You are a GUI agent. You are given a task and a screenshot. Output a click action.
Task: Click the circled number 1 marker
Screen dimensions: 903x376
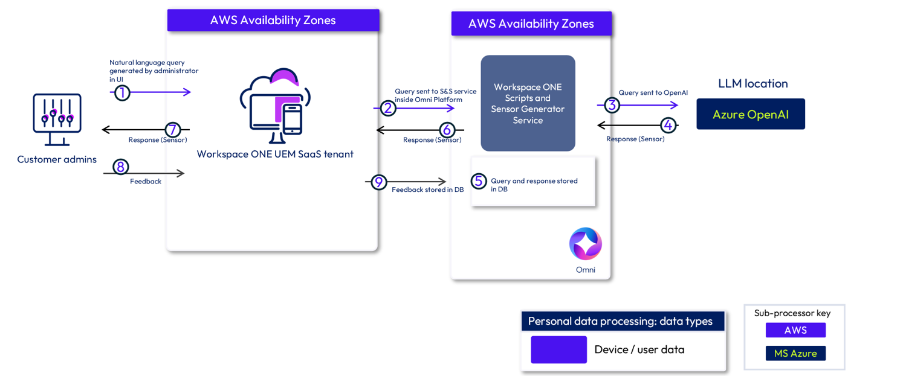tap(122, 93)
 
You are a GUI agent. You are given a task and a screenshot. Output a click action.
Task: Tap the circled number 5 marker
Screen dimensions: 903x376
tap(479, 180)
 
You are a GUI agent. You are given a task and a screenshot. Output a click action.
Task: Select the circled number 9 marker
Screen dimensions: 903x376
tap(378, 182)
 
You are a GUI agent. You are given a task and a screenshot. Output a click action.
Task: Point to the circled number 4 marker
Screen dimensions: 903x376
tap(668, 125)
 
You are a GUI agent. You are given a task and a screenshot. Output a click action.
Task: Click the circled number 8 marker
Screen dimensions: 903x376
tap(120, 166)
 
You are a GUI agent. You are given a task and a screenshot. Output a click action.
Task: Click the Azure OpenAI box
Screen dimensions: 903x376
tap(751, 114)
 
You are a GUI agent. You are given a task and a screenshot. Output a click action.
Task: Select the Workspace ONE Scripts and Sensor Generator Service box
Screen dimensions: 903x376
tap(528, 103)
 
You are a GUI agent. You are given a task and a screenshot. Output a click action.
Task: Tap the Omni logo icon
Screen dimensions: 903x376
tap(585, 244)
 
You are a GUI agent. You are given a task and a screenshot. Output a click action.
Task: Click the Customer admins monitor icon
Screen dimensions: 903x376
tap(57, 119)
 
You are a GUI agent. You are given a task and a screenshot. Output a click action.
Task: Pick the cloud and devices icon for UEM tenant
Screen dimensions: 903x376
tap(276, 106)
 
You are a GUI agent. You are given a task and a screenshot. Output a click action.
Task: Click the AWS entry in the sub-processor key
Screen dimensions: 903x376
tap(795, 330)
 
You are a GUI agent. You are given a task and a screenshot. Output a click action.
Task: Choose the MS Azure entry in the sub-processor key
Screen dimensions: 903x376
tap(795, 353)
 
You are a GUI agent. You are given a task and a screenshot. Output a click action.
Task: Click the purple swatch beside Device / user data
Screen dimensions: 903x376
tap(558, 349)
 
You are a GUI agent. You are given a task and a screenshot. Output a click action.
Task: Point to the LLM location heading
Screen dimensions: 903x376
tap(752, 83)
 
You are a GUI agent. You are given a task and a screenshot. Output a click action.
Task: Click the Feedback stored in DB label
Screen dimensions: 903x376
tap(428, 190)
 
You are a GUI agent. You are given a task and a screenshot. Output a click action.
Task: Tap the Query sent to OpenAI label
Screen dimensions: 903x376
tap(653, 92)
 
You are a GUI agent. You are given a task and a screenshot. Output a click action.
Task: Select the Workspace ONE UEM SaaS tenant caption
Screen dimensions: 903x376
tap(275, 154)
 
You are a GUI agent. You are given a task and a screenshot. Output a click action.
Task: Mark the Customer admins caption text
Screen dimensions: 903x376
tap(57, 159)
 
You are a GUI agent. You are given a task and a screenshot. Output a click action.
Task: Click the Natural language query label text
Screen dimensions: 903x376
tap(147, 62)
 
